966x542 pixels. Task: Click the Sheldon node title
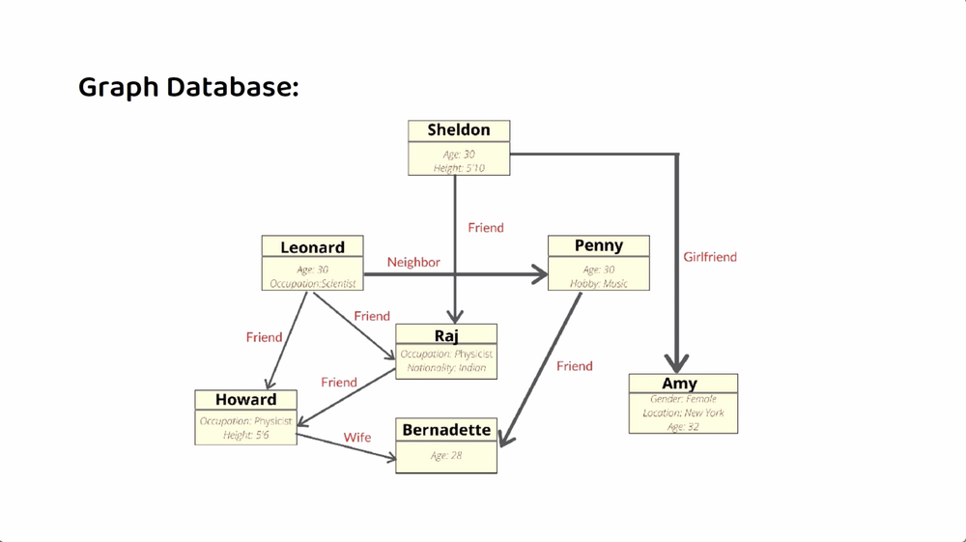459,130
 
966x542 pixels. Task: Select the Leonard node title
312,247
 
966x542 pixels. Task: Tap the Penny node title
598,246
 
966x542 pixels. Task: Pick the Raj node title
446,335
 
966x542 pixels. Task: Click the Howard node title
245,400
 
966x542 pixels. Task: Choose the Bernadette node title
446,430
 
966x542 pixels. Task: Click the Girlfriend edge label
710,257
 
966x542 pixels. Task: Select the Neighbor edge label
413,262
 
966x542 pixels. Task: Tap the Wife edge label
357,438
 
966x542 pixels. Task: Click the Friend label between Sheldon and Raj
486,228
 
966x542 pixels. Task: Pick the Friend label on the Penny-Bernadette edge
575,366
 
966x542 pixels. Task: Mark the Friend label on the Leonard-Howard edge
264,337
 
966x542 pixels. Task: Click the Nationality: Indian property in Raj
446,368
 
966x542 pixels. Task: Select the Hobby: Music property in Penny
598,283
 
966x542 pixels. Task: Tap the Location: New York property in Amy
683,413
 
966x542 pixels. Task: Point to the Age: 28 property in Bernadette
446,456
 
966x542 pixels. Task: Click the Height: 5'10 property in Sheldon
459,168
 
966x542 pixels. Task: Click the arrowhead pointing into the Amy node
676,362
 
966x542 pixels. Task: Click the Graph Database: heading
188,87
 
